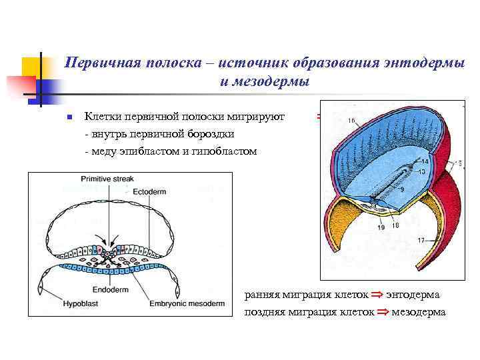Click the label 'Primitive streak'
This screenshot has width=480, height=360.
[107, 179]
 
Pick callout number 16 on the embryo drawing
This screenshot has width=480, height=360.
[351, 121]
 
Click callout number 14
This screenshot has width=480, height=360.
[425, 162]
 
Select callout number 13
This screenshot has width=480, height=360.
[422, 171]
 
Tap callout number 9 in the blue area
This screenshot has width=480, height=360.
[401, 189]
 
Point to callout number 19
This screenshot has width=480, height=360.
[381, 227]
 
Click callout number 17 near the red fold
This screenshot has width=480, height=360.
[420, 240]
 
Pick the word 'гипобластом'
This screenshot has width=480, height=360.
[225, 151]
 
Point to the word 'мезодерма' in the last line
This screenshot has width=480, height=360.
[419, 311]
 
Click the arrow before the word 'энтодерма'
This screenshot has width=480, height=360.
[377, 294]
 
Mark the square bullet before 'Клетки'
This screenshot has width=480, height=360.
[68, 117]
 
